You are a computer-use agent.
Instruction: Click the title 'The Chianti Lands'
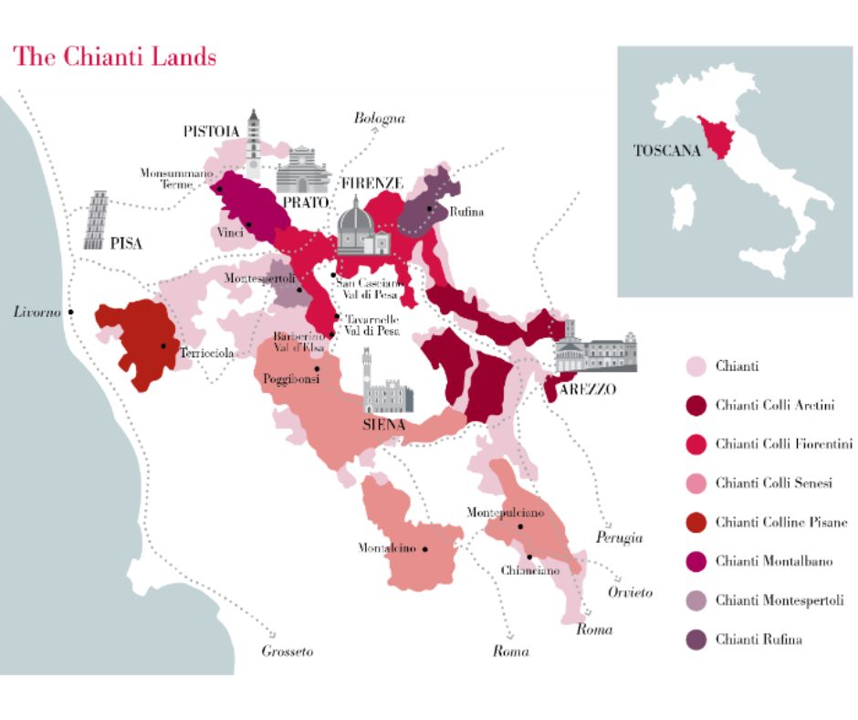click(115, 57)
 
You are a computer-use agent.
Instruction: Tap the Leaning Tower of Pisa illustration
click(96, 221)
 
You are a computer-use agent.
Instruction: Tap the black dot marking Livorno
click(71, 312)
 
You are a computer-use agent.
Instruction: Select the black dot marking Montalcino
click(424, 549)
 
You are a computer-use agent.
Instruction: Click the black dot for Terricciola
click(163, 346)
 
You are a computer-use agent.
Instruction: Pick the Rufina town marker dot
click(430, 209)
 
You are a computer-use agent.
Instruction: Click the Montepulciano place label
click(505, 514)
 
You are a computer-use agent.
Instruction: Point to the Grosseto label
click(287, 651)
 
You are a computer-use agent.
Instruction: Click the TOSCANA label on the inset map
click(666, 152)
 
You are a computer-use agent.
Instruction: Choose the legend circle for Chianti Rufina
click(696, 640)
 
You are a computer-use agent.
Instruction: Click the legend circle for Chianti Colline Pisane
click(696, 523)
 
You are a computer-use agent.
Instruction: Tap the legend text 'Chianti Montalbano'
click(773, 561)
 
